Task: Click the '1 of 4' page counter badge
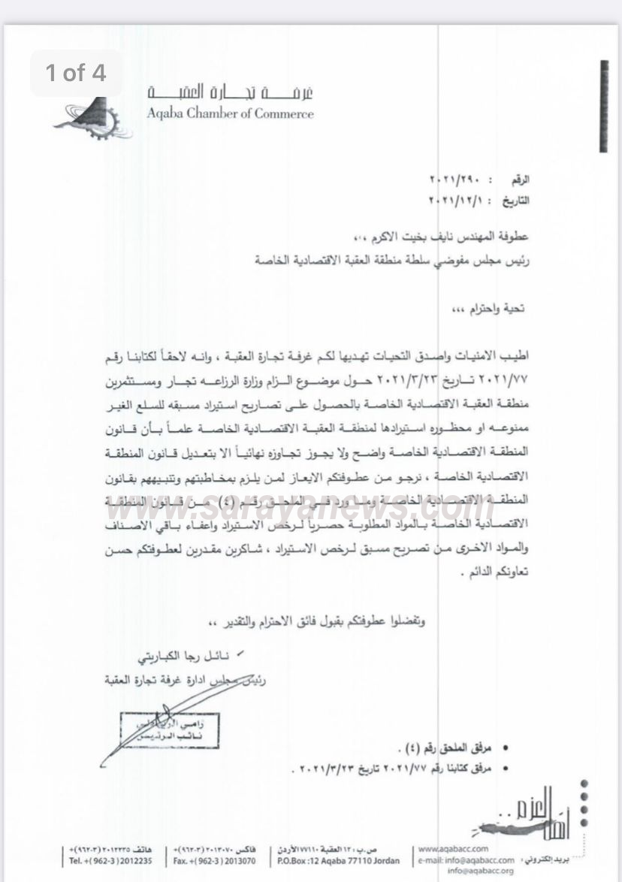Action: [x=75, y=73]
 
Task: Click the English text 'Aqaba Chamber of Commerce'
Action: [x=230, y=114]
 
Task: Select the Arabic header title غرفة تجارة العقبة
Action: [x=230, y=93]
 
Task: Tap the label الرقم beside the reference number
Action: [x=520, y=181]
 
